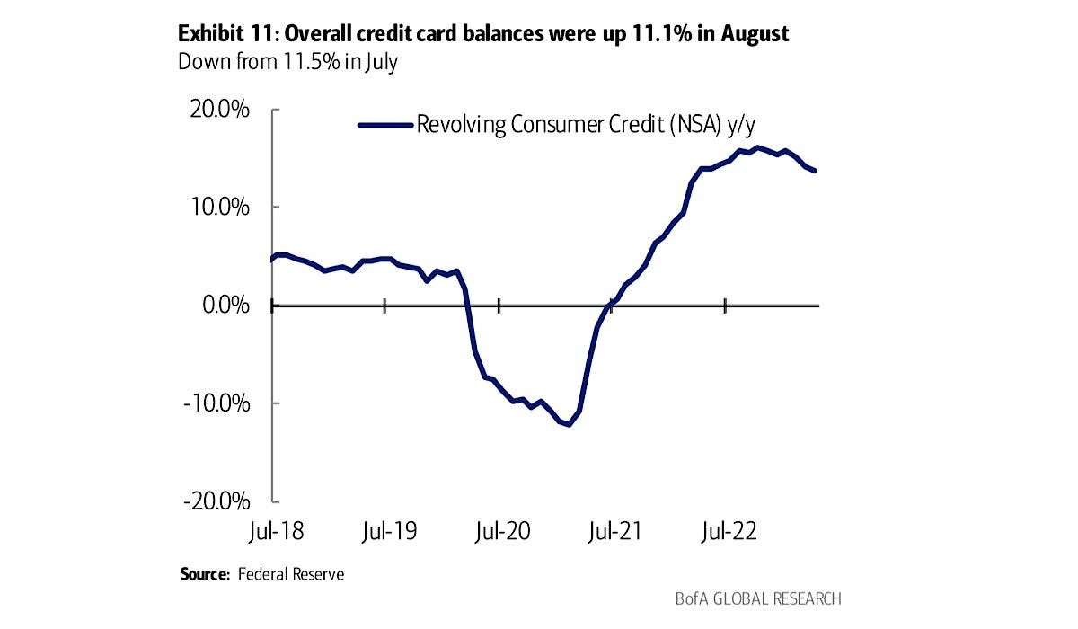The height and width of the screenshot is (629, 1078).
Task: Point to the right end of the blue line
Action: coord(815,171)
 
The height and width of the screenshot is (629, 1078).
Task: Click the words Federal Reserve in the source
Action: coord(291,573)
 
